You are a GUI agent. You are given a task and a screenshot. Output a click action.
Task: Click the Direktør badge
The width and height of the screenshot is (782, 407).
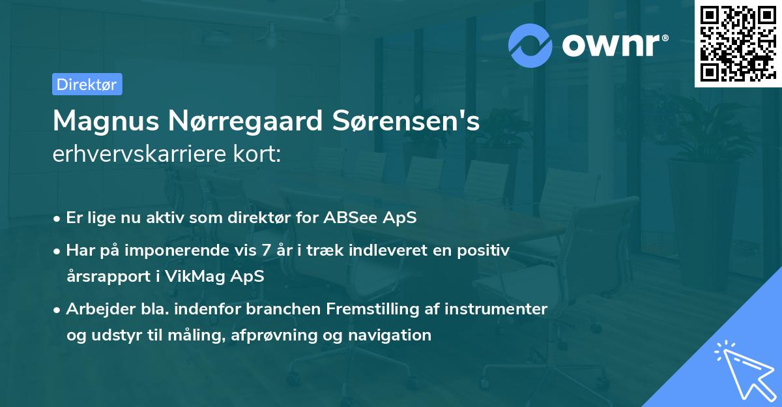[x=87, y=84]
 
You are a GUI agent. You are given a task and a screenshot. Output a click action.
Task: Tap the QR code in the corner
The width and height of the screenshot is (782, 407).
[x=738, y=44]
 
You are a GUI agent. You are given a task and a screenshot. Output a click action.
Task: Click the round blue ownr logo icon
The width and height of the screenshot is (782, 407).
[x=530, y=45]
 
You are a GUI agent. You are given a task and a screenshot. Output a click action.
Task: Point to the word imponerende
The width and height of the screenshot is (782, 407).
[x=192, y=250]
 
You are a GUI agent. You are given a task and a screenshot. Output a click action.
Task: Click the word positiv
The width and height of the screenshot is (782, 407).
[x=484, y=250]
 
